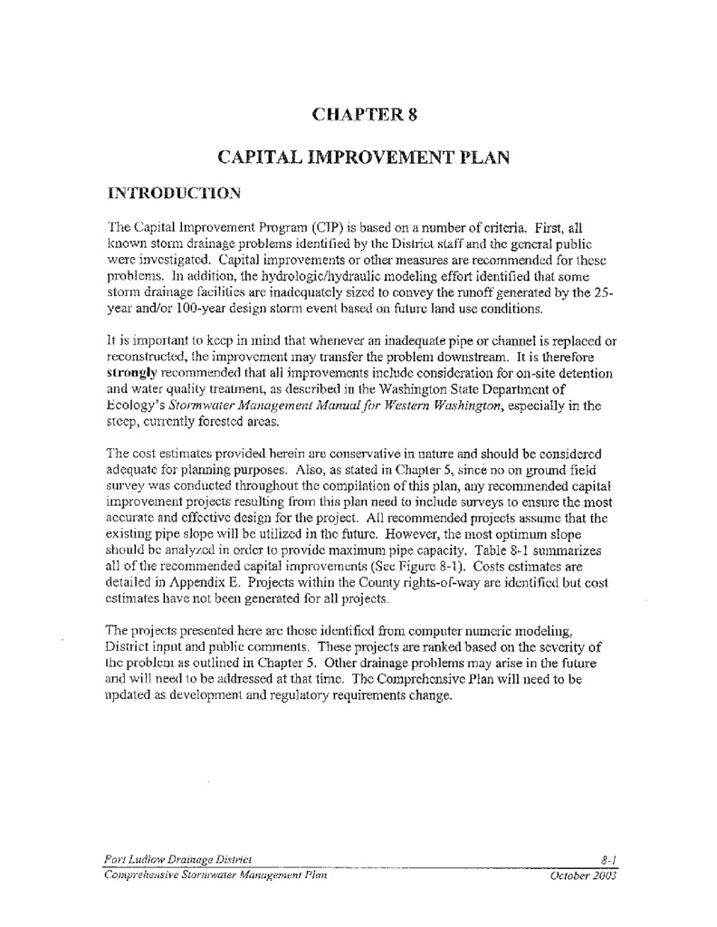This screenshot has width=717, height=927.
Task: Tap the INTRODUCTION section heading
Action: click(174, 193)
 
